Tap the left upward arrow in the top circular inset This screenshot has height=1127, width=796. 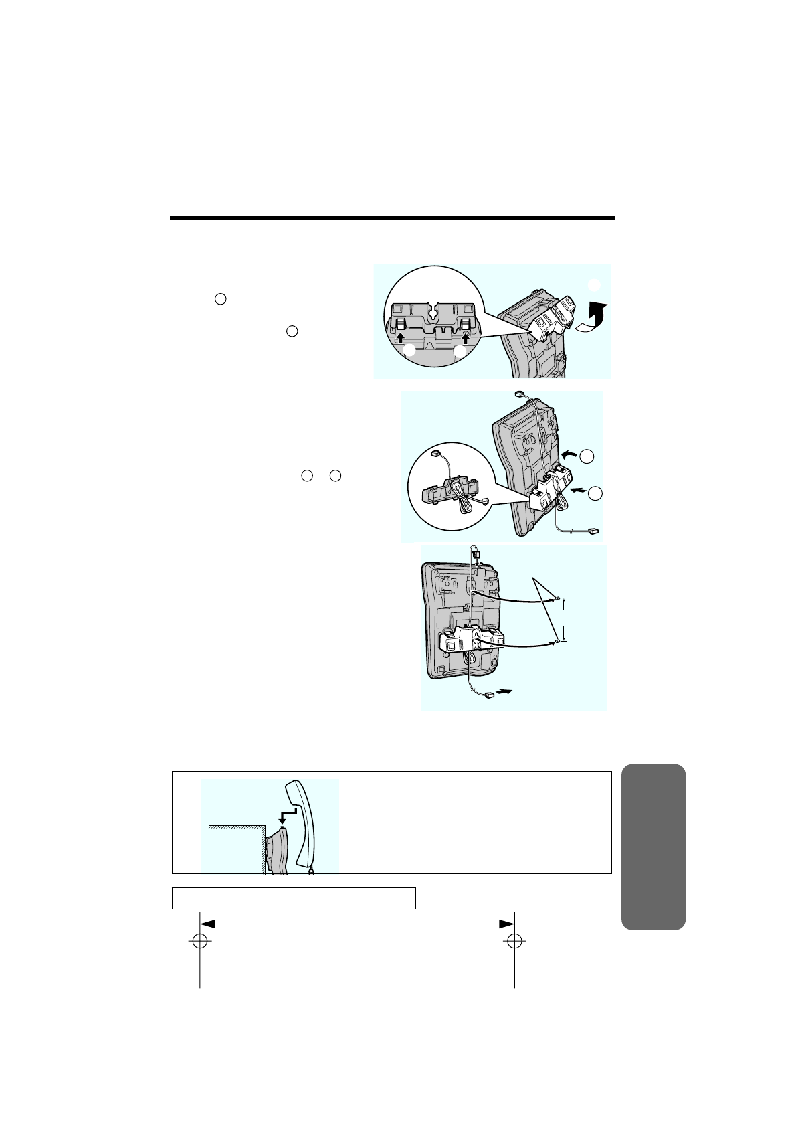401,327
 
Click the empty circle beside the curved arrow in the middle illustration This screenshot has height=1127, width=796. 587,456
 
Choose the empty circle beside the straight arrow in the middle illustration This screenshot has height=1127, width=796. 595,493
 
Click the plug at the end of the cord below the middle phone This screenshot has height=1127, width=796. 591,531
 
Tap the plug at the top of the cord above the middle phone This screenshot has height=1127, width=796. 518,394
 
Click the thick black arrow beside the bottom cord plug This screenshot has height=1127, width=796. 507,692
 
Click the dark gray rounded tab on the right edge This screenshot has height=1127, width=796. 653,847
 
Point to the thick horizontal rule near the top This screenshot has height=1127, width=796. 392,218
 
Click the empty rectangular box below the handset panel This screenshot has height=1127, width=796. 294,898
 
